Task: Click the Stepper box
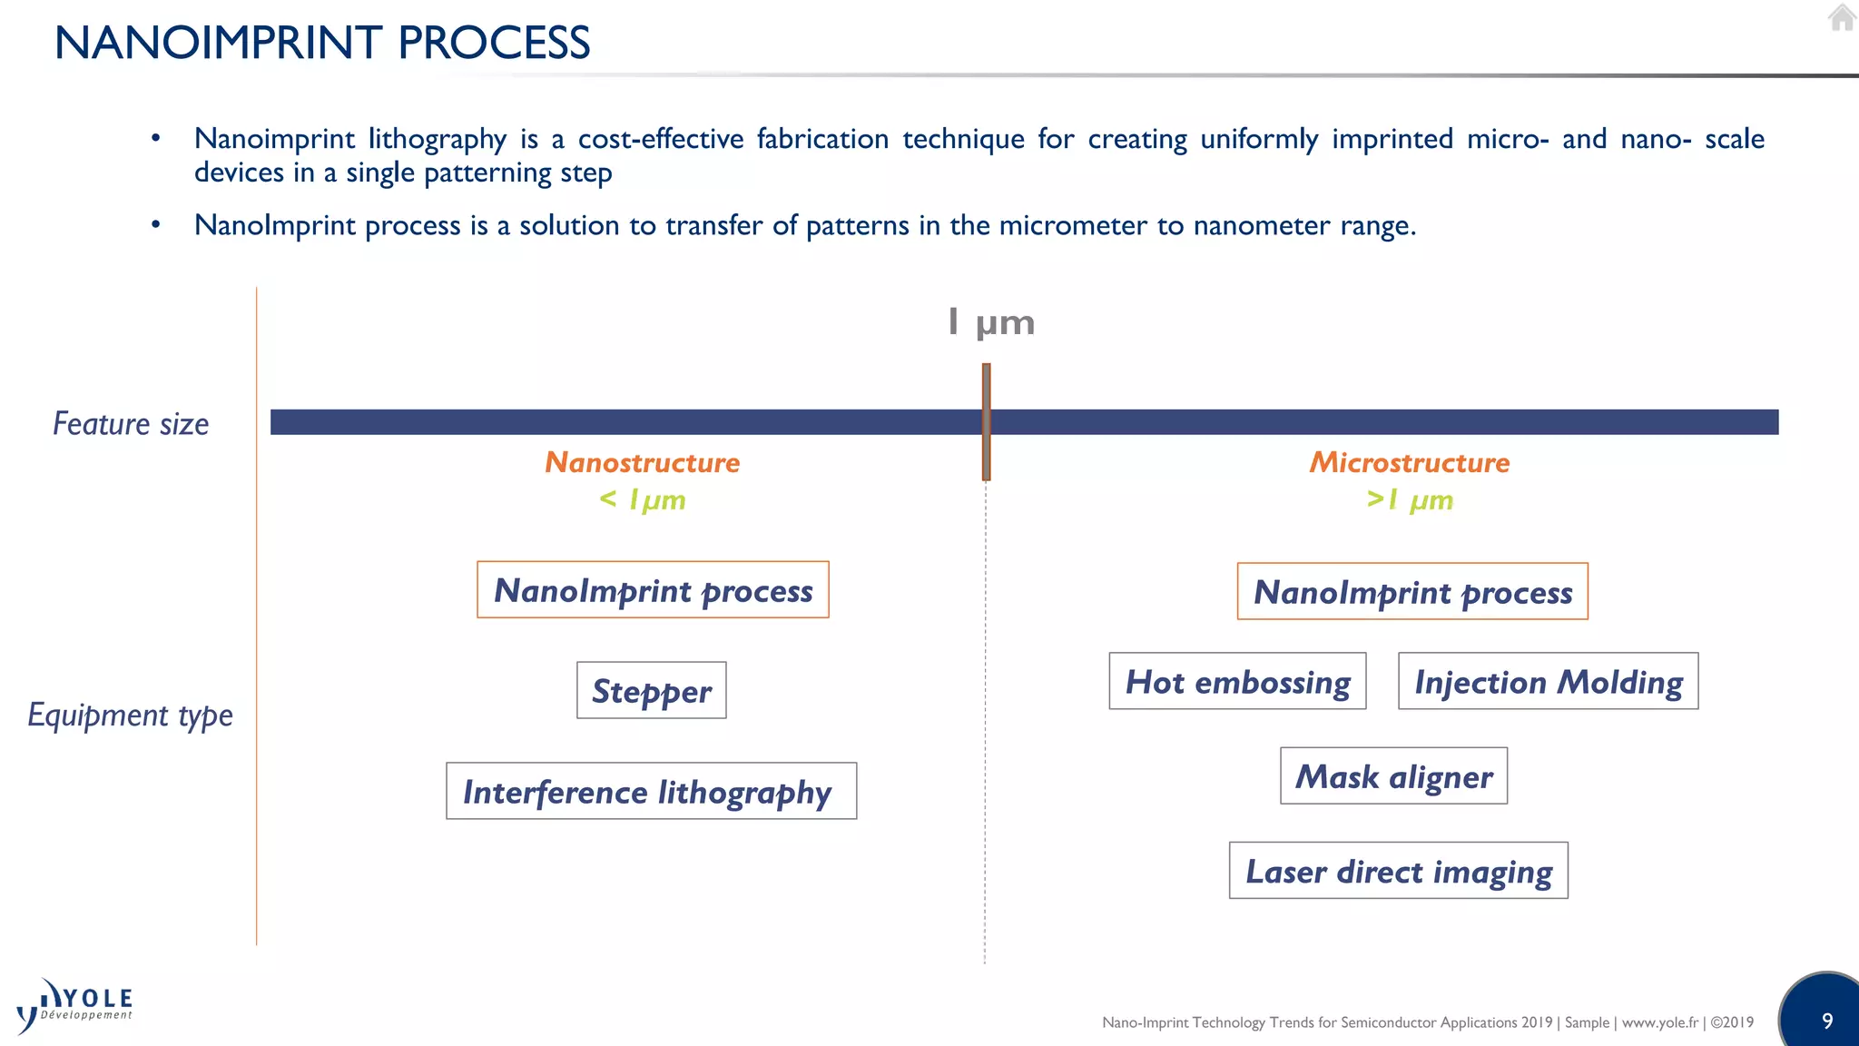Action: point(651,690)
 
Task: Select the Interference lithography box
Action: point(651,791)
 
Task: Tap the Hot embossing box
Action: point(1237,681)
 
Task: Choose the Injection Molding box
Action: point(1548,681)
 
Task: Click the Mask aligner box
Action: point(1393,775)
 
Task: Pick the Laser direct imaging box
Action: point(1398,870)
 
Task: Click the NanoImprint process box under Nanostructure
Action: point(653,590)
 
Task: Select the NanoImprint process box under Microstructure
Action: point(1412,591)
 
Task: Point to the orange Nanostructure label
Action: point(642,462)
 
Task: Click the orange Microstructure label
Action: point(1409,462)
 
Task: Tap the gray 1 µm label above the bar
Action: point(990,322)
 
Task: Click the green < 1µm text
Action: point(642,499)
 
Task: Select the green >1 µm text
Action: point(1409,499)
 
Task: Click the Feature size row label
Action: point(131,424)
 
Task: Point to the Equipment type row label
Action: point(130,715)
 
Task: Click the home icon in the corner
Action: point(1842,17)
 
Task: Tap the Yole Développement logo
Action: point(74,1006)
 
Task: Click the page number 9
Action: point(1827,1021)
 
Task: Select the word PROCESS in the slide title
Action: point(494,43)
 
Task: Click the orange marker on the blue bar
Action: point(986,422)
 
